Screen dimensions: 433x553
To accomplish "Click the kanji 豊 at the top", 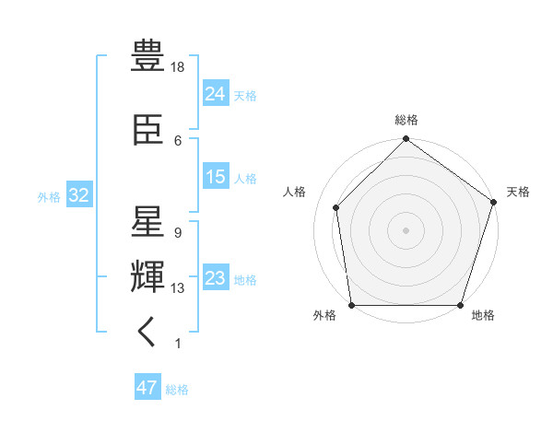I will point(147,55).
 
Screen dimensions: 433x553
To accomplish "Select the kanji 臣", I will point(147,130).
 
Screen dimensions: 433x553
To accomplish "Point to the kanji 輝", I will point(147,275).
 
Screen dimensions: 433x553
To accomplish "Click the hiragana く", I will point(147,332).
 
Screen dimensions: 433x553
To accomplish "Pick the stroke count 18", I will point(179,67).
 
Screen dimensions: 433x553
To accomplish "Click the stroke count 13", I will point(178,288).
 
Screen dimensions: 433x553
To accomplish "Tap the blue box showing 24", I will point(216,93).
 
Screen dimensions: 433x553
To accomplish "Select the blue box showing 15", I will point(216,177).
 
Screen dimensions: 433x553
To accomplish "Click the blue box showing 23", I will point(216,278).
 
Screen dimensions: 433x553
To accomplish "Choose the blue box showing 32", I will point(77,195).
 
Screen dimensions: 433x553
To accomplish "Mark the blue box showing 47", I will point(147,388).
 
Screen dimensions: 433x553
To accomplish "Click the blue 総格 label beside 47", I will point(177,390).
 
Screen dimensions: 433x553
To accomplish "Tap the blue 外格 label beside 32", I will point(49,196).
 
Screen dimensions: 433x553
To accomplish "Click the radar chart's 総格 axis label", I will point(406,120).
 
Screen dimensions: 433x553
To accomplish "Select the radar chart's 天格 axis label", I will point(518,192).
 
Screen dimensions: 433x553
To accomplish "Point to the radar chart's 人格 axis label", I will point(294,192).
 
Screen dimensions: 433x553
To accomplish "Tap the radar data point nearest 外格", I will point(351,305).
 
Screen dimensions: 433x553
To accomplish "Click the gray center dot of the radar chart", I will point(406,229).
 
